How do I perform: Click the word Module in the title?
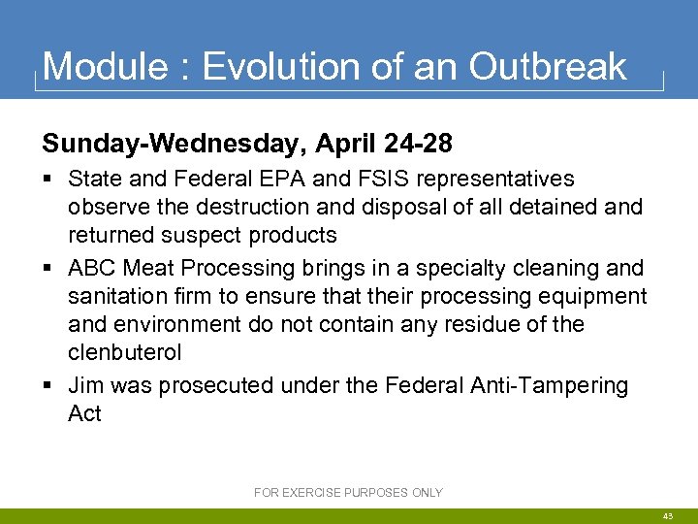click(x=104, y=67)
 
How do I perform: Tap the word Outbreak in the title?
click(x=548, y=67)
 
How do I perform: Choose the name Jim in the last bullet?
click(x=85, y=385)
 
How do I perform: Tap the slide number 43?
click(x=669, y=516)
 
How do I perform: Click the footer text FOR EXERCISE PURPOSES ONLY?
click(x=348, y=493)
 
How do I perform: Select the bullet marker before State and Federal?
click(x=48, y=180)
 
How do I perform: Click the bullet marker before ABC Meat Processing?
click(x=48, y=268)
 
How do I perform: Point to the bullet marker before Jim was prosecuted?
click(x=48, y=386)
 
